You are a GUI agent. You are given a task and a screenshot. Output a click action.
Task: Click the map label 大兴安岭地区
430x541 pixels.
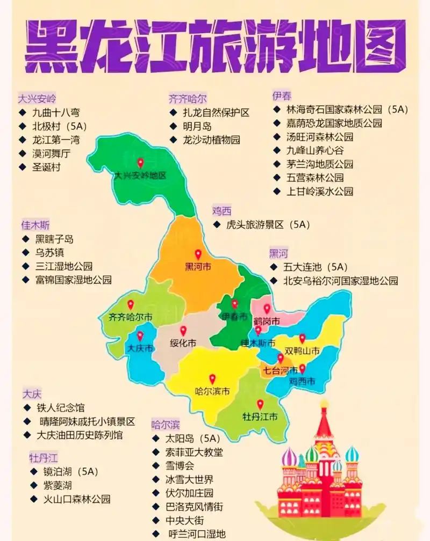(x=140, y=176)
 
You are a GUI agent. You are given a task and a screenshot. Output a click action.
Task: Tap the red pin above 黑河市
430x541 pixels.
(x=198, y=254)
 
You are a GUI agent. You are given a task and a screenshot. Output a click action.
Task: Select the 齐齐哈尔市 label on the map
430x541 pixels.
(x=130, y=317)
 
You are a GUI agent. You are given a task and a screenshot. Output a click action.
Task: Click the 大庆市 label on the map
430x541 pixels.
(x=139, y=349)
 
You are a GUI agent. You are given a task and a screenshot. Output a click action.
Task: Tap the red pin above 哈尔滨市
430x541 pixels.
(x=212, y=379)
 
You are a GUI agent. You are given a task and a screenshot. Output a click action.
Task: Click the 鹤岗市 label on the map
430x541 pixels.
(x=267, y=321)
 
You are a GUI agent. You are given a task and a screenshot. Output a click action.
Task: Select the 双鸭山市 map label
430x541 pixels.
(x=302, y=351)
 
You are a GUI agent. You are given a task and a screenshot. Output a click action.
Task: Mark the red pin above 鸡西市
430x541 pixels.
(x=302, y=369)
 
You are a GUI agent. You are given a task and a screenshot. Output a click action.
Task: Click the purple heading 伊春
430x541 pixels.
(x=282, y=96)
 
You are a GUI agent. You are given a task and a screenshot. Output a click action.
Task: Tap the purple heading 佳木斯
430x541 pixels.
(x=35, y=225)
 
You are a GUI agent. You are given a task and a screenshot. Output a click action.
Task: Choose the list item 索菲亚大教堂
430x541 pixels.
(x=194, y=452)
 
